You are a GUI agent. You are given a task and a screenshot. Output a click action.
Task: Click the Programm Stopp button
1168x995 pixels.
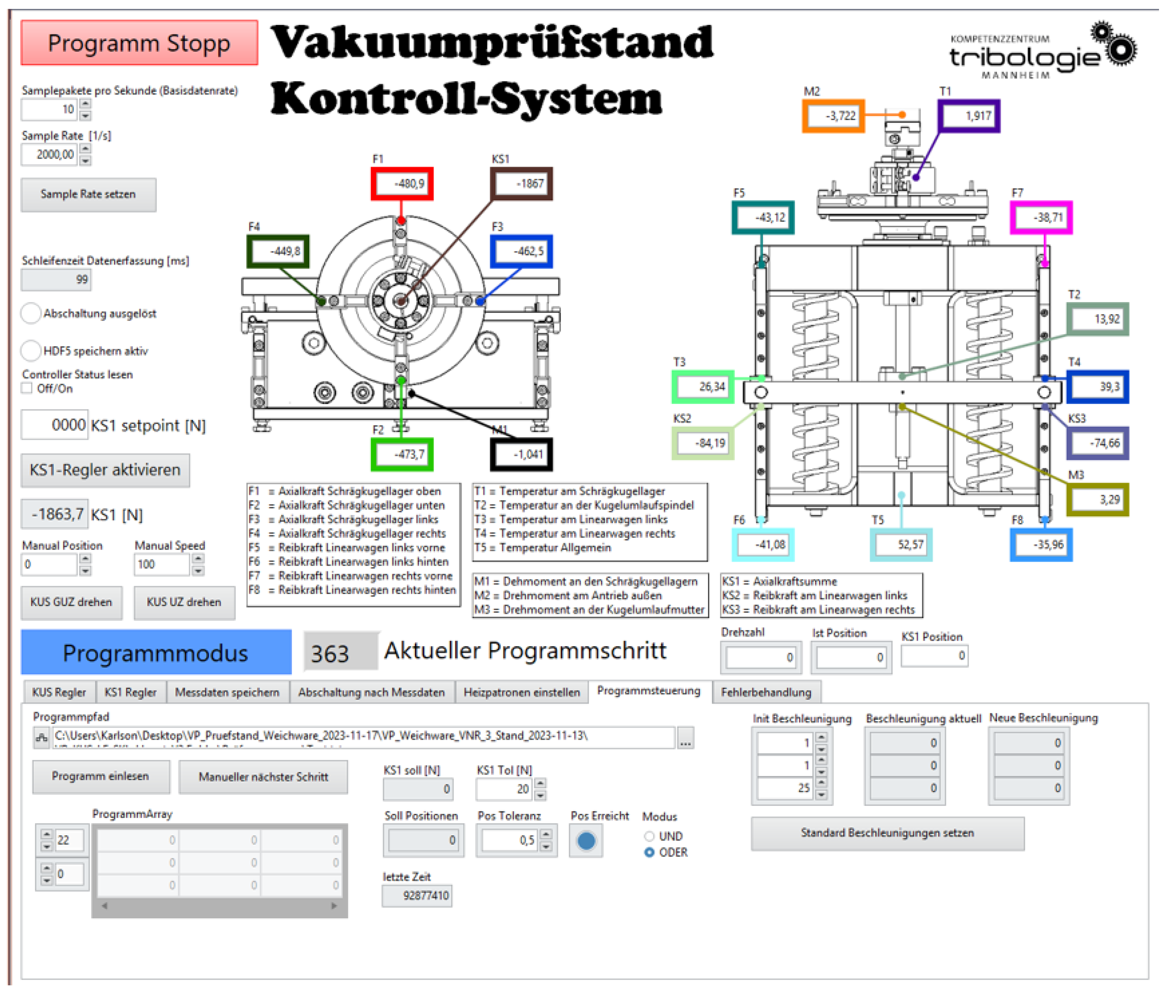(x=139, y=43)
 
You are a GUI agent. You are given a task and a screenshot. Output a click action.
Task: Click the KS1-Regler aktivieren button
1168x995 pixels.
(x=105, y=470)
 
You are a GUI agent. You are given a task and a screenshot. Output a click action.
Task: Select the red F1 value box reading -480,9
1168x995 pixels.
(x=402, y=184)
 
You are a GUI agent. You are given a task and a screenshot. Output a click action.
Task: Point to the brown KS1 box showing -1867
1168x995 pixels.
(x=521, y=184)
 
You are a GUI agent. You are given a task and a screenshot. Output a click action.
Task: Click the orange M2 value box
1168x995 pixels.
(x=833, y=116)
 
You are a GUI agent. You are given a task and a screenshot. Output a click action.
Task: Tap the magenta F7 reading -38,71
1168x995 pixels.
(x=1041, y=218)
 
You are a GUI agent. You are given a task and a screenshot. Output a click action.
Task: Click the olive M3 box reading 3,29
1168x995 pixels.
(x=1098, y=500)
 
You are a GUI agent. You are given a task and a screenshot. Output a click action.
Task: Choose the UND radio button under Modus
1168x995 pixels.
(x=649, y=836)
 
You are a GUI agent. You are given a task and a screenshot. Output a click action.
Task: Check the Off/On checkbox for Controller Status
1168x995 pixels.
(x=26, y=388)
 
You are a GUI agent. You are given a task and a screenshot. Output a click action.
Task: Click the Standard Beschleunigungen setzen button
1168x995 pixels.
(x=887, y=833)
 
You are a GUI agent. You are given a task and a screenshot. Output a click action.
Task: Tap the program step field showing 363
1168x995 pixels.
(x=340, y=653)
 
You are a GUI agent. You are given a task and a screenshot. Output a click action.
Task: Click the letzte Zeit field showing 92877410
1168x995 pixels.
(x=417, y=896)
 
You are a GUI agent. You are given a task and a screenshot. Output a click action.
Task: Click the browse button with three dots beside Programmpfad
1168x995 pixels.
(x=685, y=738)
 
